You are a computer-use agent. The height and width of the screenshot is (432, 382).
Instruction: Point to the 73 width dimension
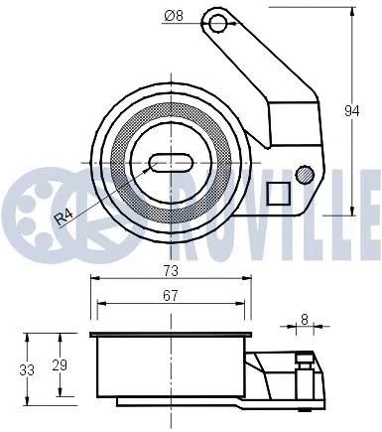[171, 268]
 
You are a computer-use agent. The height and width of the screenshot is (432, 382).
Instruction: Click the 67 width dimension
[171, 294]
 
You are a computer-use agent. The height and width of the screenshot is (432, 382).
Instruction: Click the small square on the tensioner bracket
[281, 191]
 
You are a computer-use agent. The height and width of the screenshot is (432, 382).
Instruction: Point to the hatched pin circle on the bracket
[305, 177]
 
